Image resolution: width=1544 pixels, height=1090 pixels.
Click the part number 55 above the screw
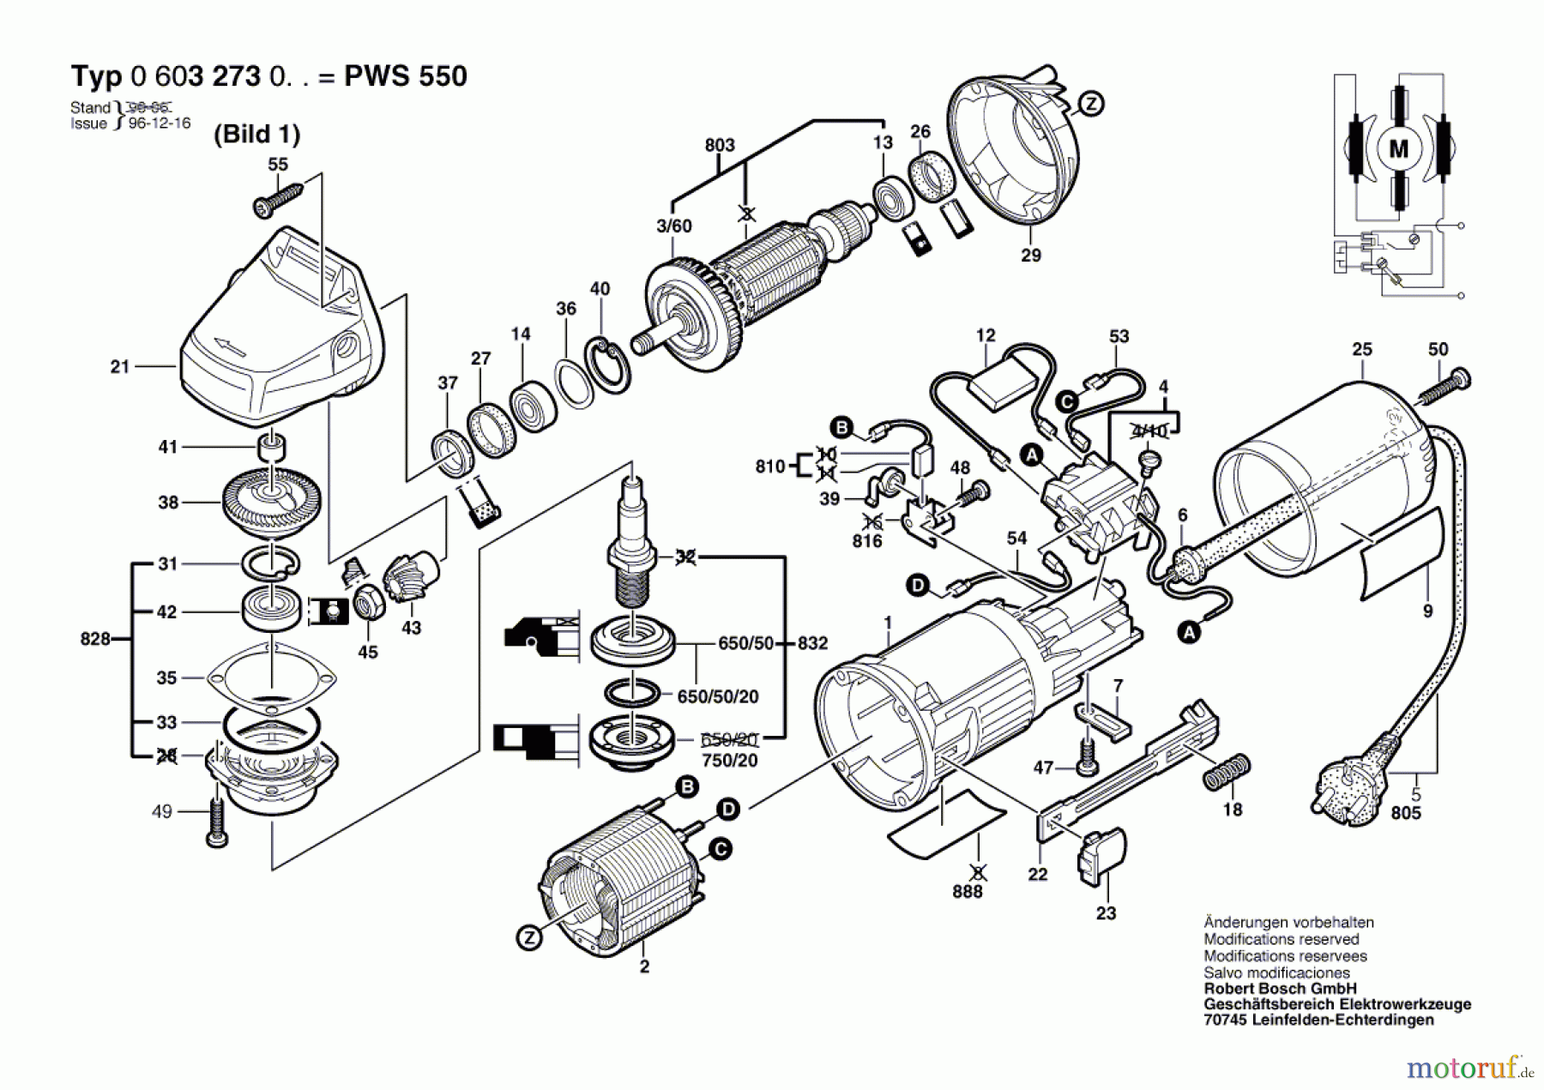[x=278, y=164]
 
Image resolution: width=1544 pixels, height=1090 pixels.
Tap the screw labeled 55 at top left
[x=276, y=199]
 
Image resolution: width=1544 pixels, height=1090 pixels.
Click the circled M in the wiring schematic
[x=1398, y=149]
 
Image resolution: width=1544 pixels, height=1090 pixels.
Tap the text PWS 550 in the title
[x=405, y=76]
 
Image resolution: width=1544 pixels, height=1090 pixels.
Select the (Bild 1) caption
[x=256, y=134]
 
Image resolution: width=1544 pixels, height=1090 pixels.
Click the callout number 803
[x=719, y=145]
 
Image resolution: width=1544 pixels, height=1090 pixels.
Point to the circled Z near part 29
[x=1090, y=104]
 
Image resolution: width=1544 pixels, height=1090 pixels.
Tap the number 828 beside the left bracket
[x=94, y=639]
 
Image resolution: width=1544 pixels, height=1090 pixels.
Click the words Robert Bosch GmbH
[x=1280, y=988]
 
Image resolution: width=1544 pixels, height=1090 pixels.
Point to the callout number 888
[x=967, y=892]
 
